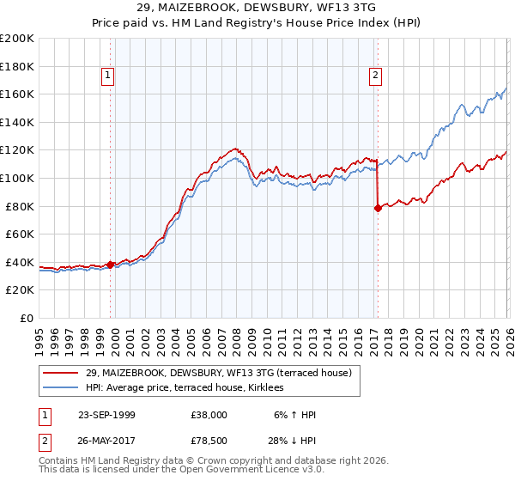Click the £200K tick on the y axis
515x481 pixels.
coord(17,38)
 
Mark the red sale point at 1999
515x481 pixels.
coord(111,265)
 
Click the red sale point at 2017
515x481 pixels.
coord(378,207)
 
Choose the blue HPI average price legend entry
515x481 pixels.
coord(190,387)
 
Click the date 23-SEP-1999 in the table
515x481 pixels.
coord(106,415)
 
